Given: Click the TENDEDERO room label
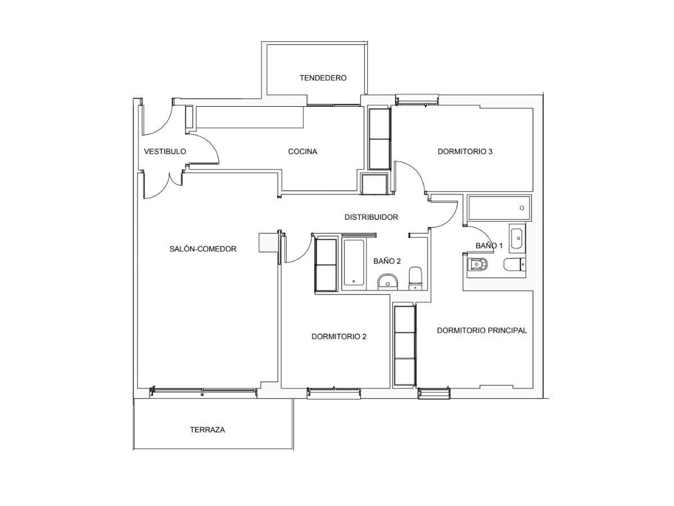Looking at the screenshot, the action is (323, 78).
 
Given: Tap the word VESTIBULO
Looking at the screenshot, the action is (165, 151).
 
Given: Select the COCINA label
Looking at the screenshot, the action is (302, 151).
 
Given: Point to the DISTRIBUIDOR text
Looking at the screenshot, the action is (372, 217).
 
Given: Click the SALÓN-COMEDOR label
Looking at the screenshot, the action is (203, 249).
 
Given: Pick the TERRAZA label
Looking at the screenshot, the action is (207, 430).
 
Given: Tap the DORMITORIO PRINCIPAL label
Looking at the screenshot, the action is (482, 330).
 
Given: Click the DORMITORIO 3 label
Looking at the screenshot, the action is (465, 151).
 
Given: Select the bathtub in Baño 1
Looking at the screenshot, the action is (499, 208).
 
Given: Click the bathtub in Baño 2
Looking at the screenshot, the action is (354, 263).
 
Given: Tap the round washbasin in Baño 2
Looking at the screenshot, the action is (388, 282).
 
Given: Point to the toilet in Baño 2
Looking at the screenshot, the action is (415, 278).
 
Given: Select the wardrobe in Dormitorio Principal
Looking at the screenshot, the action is (405, 346).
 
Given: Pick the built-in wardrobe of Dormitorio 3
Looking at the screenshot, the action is (379, 138).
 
